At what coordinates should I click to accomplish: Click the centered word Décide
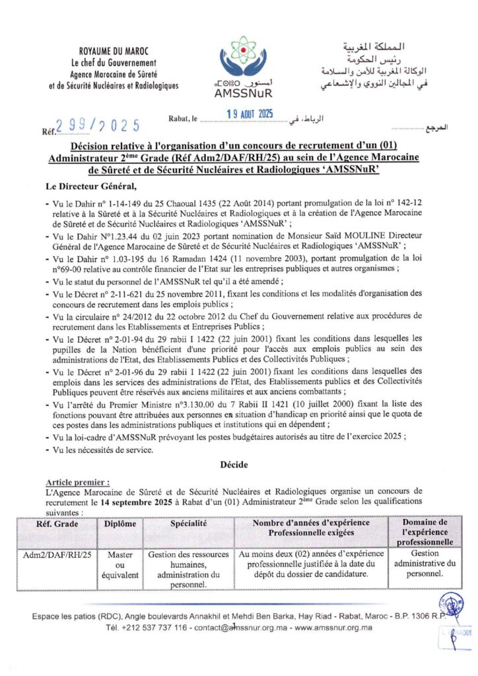click(234, 465)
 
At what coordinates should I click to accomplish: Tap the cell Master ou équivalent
click(119, 565)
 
